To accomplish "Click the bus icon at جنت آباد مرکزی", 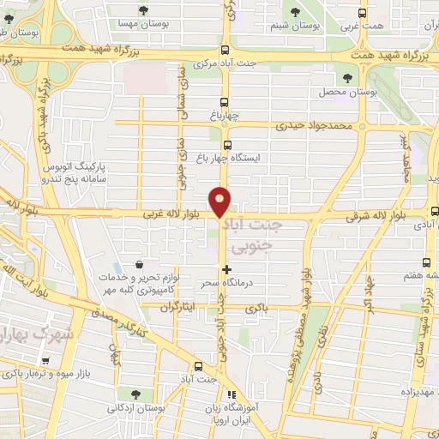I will (225, 51).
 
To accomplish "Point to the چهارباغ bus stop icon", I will (226, 99).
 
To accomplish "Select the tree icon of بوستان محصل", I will (362, 75).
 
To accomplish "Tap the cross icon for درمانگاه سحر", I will (226, 270).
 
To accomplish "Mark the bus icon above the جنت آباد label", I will (199, 366).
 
